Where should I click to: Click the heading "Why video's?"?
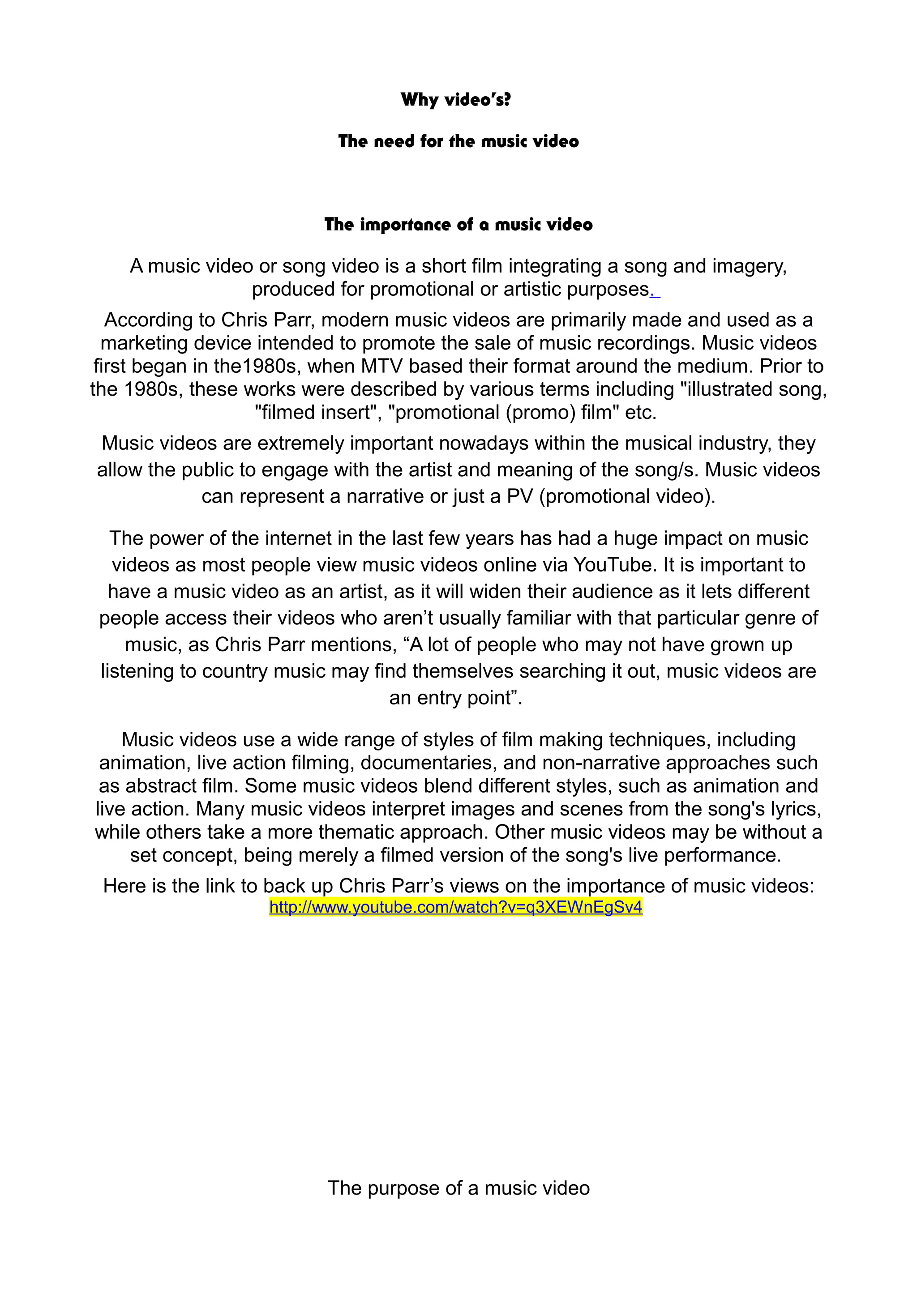click(456, 100)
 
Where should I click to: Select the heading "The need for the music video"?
click(458, 141)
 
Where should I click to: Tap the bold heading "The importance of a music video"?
click(458, 225)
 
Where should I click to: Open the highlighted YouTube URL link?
click(456, 907)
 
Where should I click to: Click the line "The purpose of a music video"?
click(458, 1188)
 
